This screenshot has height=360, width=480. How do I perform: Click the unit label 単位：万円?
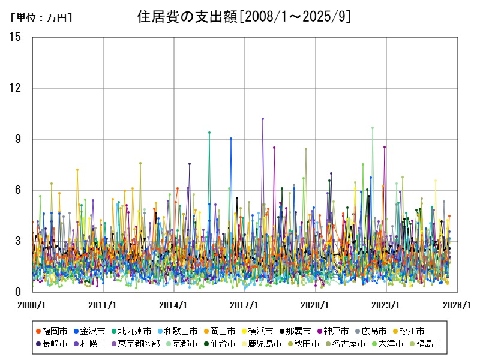tap(41, 18)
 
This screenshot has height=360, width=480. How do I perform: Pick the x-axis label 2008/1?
tap(32, 305)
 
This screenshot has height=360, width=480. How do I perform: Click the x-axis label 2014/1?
tap(174, 305)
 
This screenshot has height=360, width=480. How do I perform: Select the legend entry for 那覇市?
tap(295, 331)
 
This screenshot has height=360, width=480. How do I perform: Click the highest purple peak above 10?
tap(263, 119)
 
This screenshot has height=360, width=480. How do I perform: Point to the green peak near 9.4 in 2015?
tap(209, 133)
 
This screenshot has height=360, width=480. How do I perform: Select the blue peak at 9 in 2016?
tap(231, 139)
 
